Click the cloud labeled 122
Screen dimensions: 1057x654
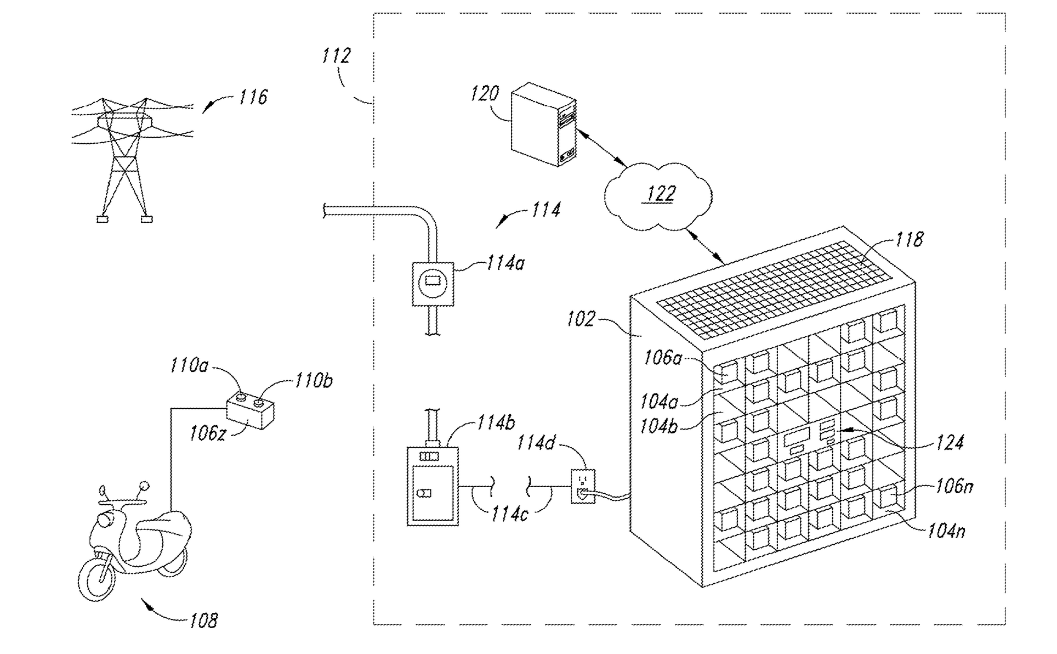point(658,195)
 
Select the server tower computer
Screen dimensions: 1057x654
point(543,124)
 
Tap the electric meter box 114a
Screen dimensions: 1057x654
point(433,284)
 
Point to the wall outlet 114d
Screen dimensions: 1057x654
point(583,486)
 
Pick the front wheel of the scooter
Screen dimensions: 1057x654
point(98,576)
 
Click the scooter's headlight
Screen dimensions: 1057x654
point(104,518)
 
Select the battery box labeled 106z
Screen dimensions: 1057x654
point(251,412)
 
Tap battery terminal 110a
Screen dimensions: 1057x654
point(240,397)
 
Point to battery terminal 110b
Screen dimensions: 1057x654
point(258,403)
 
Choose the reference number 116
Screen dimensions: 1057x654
point(253,97)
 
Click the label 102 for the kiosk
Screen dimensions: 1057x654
point(581,319)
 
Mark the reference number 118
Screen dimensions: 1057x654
point(910,239)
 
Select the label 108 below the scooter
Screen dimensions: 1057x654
point(203,621)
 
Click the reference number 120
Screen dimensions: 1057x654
point(485,93)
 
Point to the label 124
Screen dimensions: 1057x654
point(950,442)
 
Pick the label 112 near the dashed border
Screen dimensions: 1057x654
point(336,55)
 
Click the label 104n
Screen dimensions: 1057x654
point(947,531)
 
